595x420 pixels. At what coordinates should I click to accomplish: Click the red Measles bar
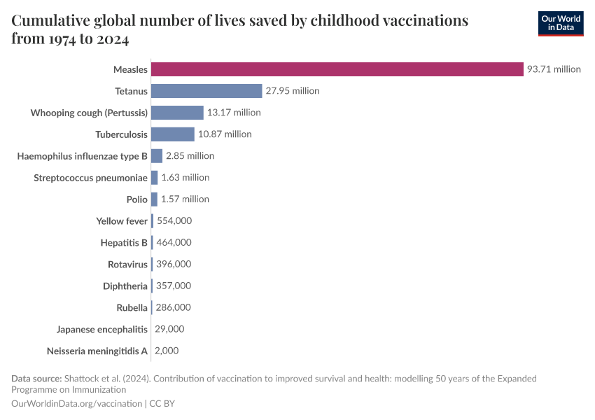tap(337, 69)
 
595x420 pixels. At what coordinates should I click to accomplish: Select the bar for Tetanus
tap(206, 91)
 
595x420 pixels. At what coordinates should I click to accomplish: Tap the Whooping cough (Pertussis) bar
tap(177, 113)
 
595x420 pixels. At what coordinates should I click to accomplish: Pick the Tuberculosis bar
tap(172, 134)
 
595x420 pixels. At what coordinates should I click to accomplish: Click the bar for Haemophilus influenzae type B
tap(157, 156)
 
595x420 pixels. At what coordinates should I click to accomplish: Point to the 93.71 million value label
tap(554, 69)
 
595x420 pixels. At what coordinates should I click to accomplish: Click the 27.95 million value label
tap(292, 91)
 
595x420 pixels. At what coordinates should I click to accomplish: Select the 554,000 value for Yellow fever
tap(174, 221)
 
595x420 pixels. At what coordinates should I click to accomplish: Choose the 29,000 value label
tap(169, 329)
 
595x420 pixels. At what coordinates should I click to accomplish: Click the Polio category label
tap(137, 199)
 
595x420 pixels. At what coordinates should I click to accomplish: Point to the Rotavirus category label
tap(127, 265)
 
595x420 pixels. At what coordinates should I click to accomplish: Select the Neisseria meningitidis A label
tap(97, 351)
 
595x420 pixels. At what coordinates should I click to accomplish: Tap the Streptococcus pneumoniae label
tap(90, 178)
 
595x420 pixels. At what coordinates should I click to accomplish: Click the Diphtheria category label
tap(125, 286)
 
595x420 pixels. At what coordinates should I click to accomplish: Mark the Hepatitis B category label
tap(124, 243)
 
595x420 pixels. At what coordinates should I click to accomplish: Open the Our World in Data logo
tap(560, 23)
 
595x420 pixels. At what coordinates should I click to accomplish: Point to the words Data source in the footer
tap(36, 379)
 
